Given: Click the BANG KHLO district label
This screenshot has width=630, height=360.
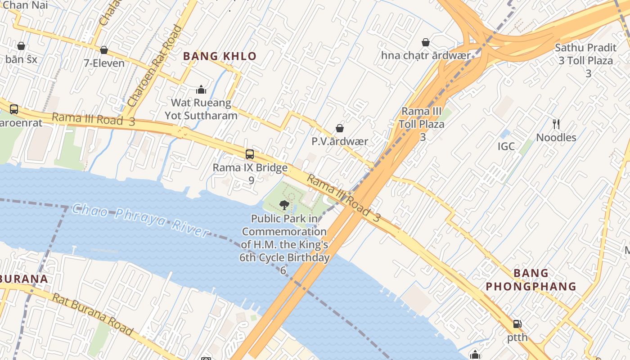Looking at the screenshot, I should point(220,57).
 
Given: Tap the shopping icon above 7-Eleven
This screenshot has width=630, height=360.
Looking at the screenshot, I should point(104,50).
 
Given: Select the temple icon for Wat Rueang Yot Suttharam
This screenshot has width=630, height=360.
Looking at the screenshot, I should point(201,90).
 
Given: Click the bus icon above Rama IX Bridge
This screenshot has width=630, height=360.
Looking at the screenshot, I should point(250,154).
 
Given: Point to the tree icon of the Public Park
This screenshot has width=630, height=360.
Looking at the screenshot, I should point(284,205).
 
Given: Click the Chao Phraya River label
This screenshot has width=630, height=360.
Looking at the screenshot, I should point(140,220).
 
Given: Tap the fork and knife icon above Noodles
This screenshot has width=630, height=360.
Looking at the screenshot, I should point(556,124).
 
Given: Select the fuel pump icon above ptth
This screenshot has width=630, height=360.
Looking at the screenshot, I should point(517,324).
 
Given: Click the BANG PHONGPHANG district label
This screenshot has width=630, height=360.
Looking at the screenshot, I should point(531,279).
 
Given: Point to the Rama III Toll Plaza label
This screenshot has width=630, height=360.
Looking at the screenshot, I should point(422,117).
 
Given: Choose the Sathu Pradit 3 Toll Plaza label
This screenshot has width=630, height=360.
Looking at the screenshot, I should point(585,54).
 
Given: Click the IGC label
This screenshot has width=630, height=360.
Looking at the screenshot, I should point(506,146).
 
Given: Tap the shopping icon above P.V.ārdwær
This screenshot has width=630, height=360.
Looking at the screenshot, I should point(340,129).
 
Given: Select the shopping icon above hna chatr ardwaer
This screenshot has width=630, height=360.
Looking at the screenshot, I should point(426,43).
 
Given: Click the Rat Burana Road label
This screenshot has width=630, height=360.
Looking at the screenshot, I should point(93,314).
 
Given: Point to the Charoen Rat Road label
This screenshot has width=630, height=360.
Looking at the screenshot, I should point(154,67).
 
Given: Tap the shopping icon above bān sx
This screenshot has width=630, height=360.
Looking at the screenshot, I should point(21,46).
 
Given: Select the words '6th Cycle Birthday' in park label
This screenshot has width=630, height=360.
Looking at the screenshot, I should point(284,258).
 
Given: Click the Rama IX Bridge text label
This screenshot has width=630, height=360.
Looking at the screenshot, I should point(250,168).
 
